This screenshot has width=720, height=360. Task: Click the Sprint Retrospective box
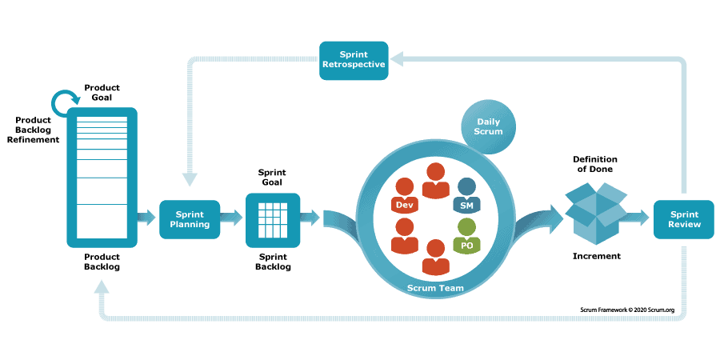(354, 60)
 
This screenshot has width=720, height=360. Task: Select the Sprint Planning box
(190, 219)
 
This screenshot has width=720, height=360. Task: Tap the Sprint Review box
(684, 219)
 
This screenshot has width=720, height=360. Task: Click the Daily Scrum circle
(488, 126)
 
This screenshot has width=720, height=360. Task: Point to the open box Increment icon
(596, 210)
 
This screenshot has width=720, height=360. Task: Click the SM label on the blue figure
(466, 206)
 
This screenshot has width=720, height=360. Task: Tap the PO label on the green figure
(466, 244)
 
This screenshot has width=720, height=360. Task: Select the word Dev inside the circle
(405, 206)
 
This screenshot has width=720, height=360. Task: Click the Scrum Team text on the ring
(435, 287)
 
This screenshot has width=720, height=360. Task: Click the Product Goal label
(102, 91)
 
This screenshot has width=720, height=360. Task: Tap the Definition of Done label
(595, 164)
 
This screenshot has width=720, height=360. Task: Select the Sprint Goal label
(272, 177)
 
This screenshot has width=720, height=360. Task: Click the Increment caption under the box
(596, 256)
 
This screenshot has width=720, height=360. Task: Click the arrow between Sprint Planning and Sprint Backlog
(231, 218)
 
